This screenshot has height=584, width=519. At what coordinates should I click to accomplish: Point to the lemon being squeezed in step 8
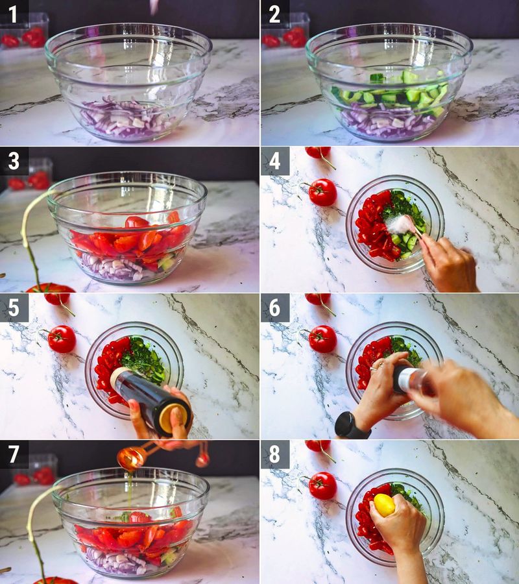click(384, 505)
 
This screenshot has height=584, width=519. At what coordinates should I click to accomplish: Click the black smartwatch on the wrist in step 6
click(351, 426)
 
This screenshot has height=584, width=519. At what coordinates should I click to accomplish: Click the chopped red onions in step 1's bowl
click(123, 120)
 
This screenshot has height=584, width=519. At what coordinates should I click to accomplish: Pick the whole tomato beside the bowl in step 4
click(322, 192)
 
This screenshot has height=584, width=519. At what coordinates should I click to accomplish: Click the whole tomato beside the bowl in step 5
click(62, 339)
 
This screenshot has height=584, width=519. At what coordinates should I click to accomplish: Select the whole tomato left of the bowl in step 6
click(322, 339)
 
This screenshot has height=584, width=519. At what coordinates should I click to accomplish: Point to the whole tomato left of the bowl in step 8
click(322, 485)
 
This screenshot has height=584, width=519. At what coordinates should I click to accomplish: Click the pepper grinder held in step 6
click(410, 380)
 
